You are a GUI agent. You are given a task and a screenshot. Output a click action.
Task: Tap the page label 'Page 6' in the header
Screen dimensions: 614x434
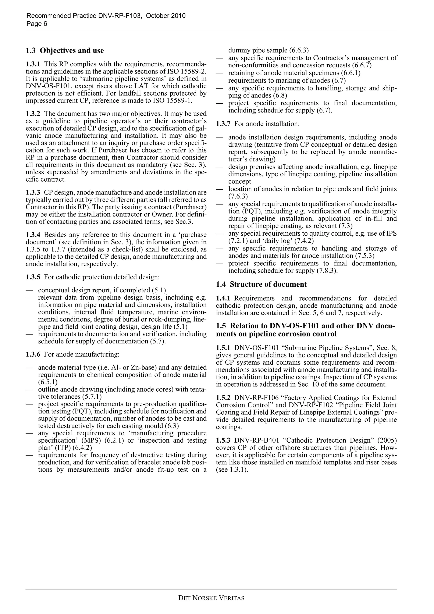click(x=37, y=24)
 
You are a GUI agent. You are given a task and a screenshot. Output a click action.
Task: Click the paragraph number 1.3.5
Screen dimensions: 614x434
click(x=33, y=277)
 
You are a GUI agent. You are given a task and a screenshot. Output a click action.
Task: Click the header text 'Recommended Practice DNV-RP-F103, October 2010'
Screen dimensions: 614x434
click(x=106, y=16)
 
